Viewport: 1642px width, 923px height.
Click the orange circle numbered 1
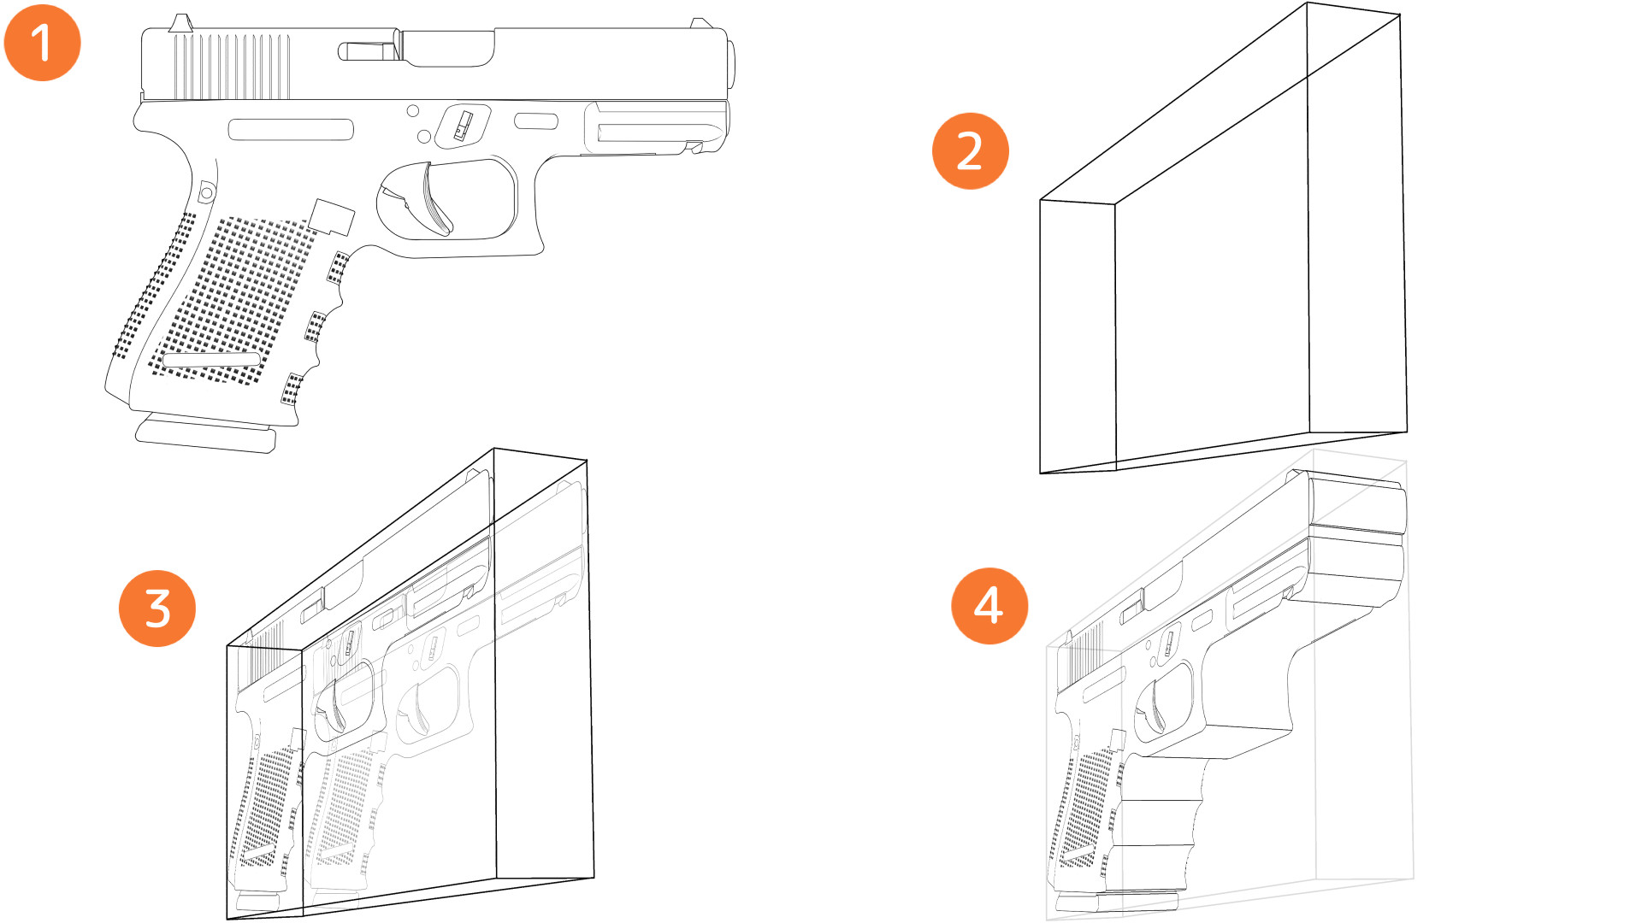click(x=42, y=43)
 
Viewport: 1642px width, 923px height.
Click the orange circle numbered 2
click(x=970, y=151)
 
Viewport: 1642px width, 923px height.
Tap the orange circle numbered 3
click(x=157, y=608)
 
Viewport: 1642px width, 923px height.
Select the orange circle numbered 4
click(x=989, y=606)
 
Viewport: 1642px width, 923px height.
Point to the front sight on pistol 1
click(x=699, y=23)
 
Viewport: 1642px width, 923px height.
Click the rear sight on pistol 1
click(x=180, y=23)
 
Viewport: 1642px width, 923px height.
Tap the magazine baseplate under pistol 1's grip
click(x=205, y=436)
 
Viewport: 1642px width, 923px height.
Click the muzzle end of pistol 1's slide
click(x=730, y=64)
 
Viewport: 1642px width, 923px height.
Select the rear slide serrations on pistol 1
click(x=231, y=67)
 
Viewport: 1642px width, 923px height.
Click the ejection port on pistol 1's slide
click(x=447, y=49)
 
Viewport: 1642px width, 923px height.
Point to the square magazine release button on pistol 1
click(x=333, y=216)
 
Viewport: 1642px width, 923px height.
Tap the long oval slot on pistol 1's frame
click(x=291, y=130)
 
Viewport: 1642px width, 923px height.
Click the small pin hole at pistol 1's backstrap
click(x=206, y=192)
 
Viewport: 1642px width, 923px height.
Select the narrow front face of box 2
click(x=1078, y=338)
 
